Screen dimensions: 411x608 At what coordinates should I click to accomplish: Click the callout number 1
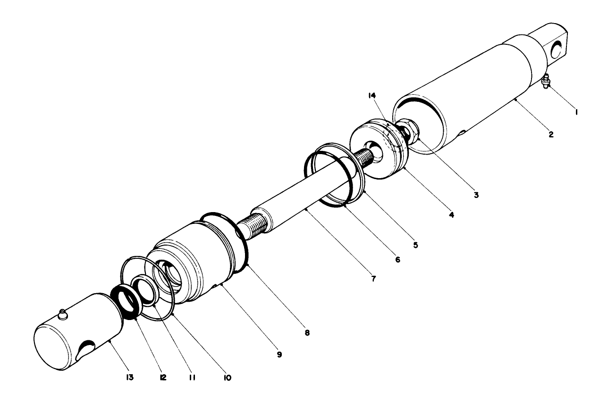point(577,112)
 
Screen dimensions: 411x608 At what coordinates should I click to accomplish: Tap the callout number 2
point(551,133)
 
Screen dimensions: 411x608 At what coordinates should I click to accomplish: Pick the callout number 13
point(129,377)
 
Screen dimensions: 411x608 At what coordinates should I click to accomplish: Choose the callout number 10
point(227,377)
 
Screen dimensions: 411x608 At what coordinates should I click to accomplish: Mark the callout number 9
point(279,354)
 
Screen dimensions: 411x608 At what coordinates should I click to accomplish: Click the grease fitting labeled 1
point(547,81)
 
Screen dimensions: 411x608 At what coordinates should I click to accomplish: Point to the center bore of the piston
point(377,152)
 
